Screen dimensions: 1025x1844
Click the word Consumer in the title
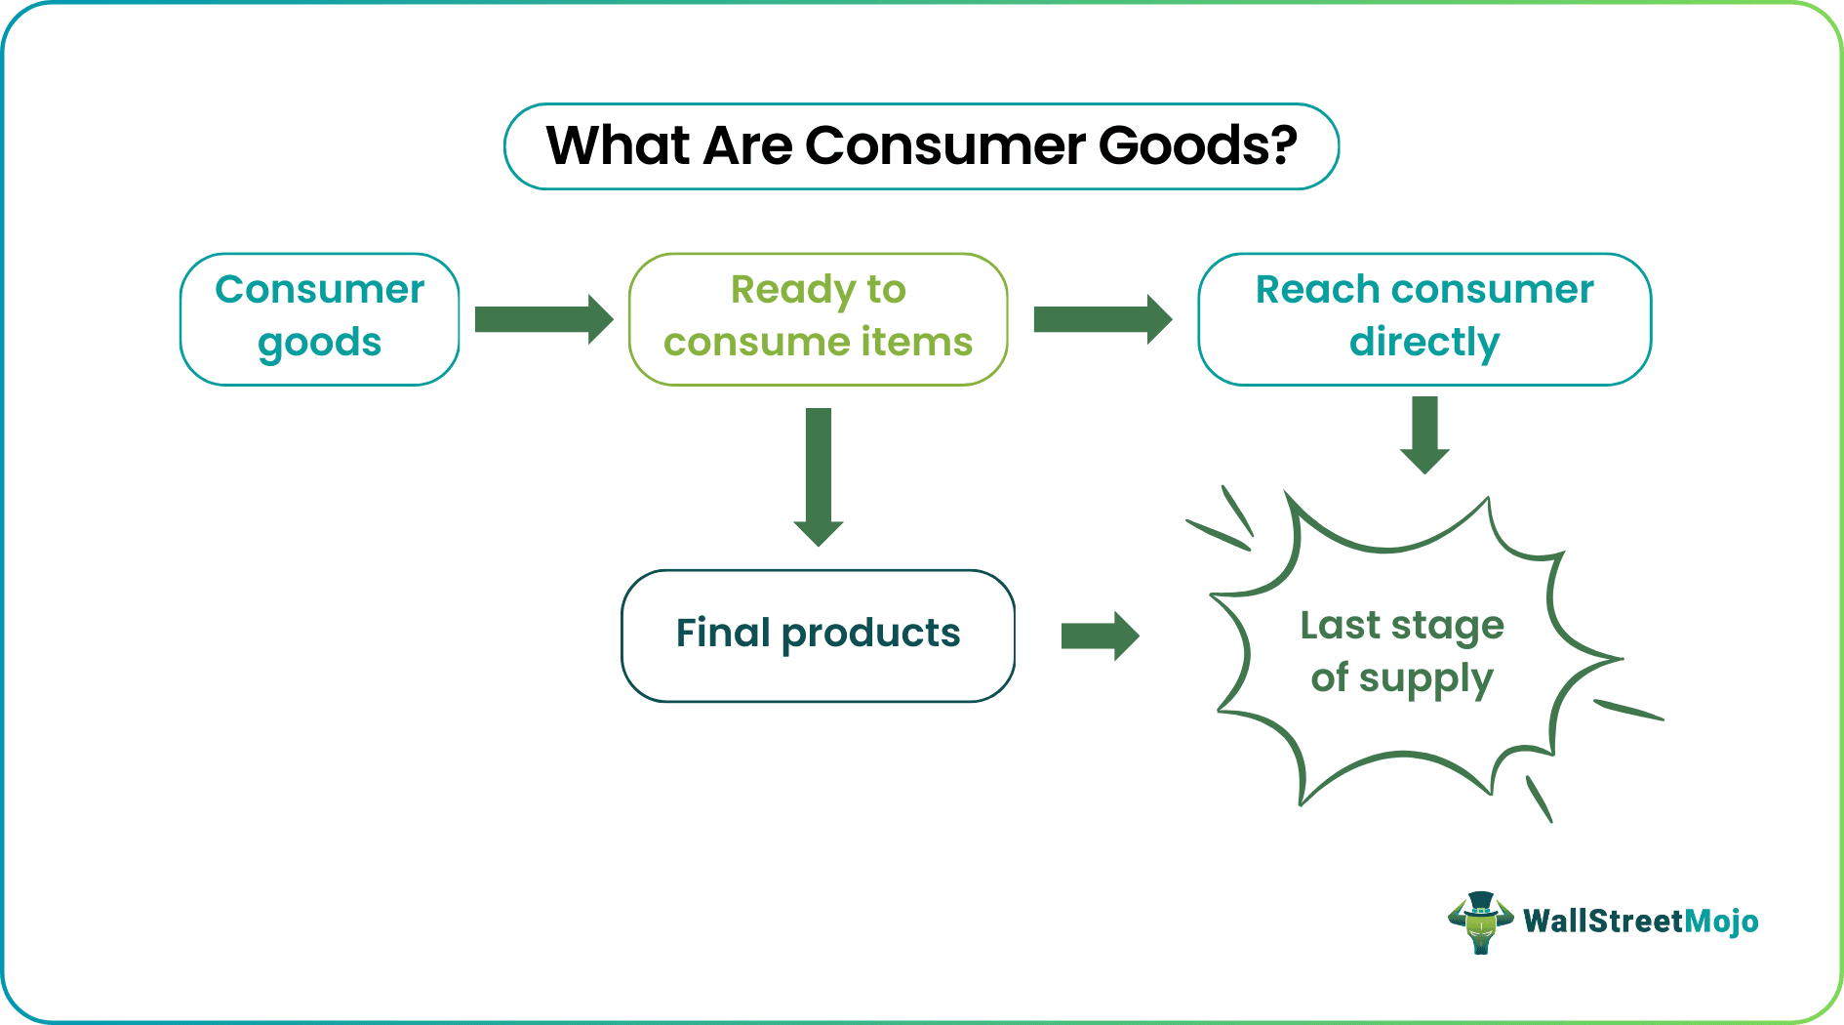(944, 146)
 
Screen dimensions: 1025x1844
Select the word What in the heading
(617, 146)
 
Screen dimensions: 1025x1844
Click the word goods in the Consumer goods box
(319, 344)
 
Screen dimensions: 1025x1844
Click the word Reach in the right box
(1316, 290)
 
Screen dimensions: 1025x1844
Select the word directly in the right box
(1424, 344)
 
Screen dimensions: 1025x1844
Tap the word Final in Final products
(723, 634)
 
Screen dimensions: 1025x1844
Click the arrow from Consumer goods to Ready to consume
(543, 319)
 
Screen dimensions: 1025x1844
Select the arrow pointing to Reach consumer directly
(1102, 319)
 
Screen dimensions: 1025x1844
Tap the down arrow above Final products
(819, 476)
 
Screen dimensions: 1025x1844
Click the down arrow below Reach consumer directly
(1424, 435)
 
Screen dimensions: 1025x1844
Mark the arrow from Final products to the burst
(1100, 636)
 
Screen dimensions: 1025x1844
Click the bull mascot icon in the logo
(1480, 922)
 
